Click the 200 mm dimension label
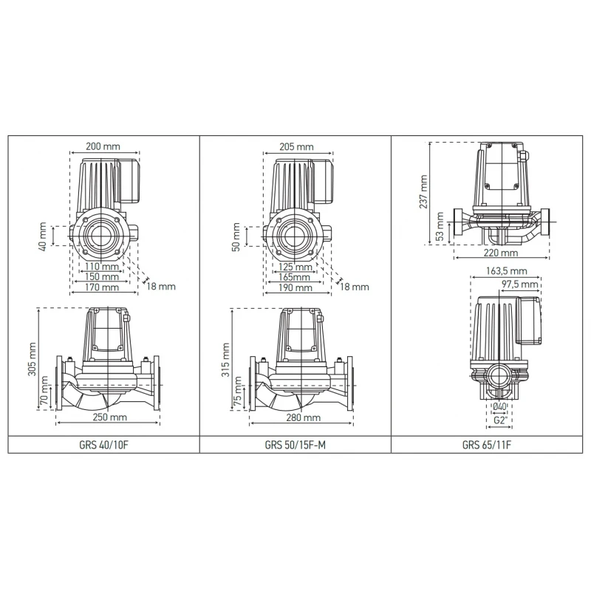[102, 146]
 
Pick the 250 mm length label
[108, 418]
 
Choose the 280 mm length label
[302, 418]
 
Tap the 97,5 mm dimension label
[519, 284]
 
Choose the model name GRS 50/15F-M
[295, 445]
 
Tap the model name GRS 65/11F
[486, 445]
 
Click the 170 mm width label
[101, 287]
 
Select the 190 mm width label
[296, 288]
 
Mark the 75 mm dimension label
[238, 392]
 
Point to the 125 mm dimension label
[296, 266]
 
